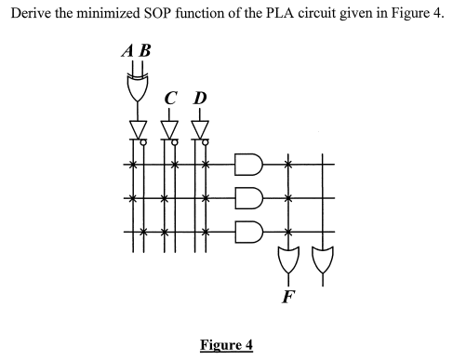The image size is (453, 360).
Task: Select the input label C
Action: click(x=168, y=98)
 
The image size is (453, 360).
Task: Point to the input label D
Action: click(x=199, y=98)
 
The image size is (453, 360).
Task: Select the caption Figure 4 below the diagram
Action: click(x=226, y=345)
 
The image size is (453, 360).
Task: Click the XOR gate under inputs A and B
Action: click(x=137, y=88)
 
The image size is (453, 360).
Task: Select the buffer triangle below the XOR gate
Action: click(x=137, y=127)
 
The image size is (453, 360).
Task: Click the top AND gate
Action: click(x=249, y=167)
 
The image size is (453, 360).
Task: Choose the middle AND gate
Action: click(x=249, y=198)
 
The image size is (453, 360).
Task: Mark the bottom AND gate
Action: click(x=249, y=229)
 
